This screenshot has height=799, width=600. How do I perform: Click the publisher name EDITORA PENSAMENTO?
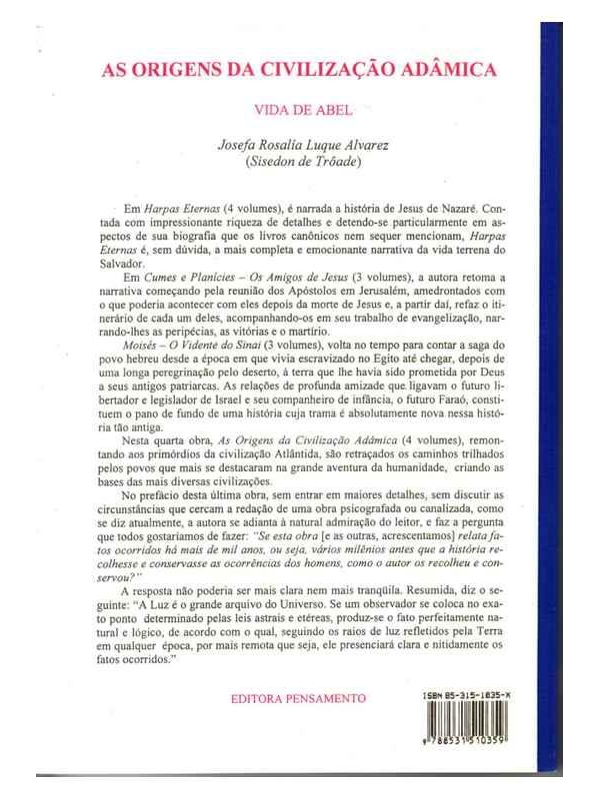point(299,696)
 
